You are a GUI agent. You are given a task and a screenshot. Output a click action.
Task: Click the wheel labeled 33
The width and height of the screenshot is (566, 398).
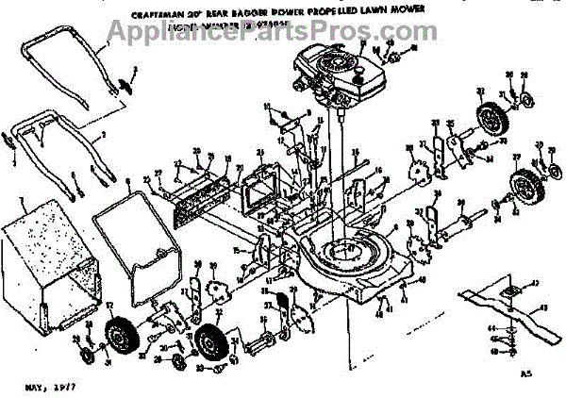click(488, 121)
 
